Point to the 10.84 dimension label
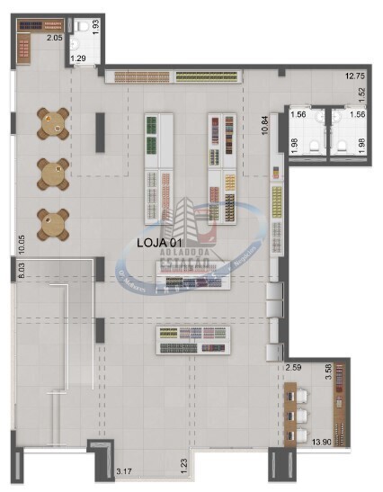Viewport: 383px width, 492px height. (x=264, y=124)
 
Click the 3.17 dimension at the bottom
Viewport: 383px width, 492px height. (x=124, y=470)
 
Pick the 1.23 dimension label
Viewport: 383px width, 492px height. (x=183, y=464)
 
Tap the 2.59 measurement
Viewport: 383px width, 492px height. (x=294, y=368)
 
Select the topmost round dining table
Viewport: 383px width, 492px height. (x=53, y=123)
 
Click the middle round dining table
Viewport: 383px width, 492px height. (x=53, y=173)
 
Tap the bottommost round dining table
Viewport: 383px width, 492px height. (x=53, y=223)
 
